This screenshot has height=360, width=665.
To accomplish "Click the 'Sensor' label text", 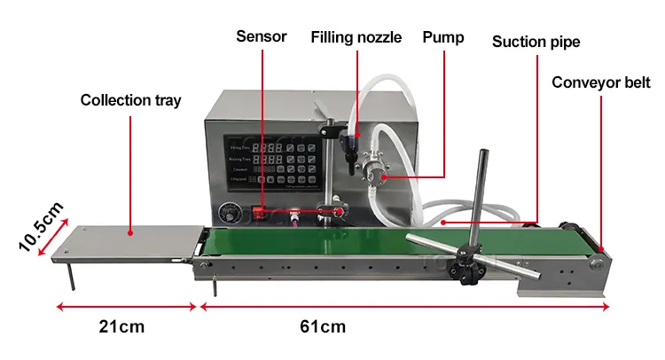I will pos(262,36).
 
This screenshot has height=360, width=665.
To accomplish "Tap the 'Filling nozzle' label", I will pos(356,37).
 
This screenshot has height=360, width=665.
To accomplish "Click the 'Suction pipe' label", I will pos(536,42).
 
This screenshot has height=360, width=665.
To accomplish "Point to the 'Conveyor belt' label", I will pos(601,83).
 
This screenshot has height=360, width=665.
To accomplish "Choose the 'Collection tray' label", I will pos(130,100).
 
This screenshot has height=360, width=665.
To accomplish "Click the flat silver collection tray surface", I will pos(133,239).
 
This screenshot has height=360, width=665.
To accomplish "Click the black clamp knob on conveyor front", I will pos(463,270).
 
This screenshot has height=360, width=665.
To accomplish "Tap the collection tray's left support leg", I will pos(71,275).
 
